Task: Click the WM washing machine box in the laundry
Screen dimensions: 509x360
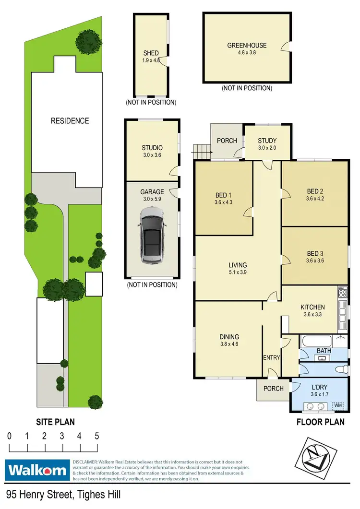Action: pyautogui.click(x=338, y=406)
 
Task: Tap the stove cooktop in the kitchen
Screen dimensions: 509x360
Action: pyautogui.click(x=343, y=291)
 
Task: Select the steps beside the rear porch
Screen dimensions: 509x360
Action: pyautogui.click(x=202, y=153)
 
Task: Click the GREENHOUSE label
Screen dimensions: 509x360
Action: pyautogui.click(x=247, y=46)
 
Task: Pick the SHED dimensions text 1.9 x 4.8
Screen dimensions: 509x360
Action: pyautogui.click(x=151, y=60)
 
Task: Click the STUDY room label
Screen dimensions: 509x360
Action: pyautogui.click(x=267, y=141)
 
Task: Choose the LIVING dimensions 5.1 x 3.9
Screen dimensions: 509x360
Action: pyautogui.click(x=238, y=272)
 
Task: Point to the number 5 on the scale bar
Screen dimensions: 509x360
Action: pyautogui.click(x=96, y=436)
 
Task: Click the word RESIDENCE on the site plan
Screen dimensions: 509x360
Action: pyautogui.click(x=70, y=121)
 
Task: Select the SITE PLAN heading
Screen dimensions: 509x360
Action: pyautogui.click(x=55, y=422)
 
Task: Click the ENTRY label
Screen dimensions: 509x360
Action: pyautogui.click(x=271, y=357)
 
